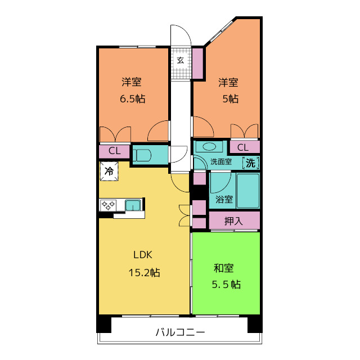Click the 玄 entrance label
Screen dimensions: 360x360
181,60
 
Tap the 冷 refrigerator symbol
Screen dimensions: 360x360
109,171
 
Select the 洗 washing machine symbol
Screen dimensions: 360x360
251,163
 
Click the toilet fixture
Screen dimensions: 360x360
142,155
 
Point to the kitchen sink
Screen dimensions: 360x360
133,205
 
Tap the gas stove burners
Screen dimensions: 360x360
108,205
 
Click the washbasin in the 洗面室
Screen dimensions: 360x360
209,146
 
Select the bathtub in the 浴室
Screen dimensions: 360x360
248,191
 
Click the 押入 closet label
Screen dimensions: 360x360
233,221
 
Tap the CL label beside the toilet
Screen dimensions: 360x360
114,151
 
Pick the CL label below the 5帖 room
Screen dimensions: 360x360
242,147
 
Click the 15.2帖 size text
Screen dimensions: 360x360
144,273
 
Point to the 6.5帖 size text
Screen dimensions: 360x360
133,99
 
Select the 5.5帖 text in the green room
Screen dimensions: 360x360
226,285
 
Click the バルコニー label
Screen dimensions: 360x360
180,332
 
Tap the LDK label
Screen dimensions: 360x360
143,255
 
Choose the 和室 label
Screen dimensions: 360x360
224,268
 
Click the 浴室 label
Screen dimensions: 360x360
224,199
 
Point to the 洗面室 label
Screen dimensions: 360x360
221,161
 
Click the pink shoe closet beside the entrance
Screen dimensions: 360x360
197,63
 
